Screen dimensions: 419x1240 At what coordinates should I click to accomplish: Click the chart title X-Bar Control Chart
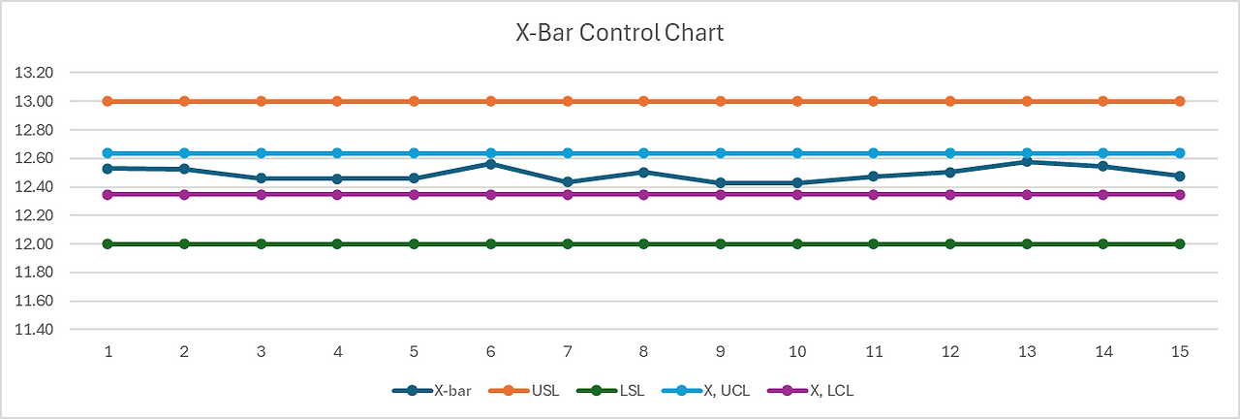tap(620, 33)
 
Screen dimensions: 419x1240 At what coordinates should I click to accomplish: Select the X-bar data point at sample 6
tap(491, 164)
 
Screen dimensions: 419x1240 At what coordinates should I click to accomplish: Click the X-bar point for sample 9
tap(721, 183)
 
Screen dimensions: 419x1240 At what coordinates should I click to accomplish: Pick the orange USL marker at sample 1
tap(108, 101)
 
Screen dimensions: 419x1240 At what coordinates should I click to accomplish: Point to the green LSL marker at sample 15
tap(1180, 243)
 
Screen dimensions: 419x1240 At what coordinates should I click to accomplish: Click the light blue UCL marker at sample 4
tap(338, 153)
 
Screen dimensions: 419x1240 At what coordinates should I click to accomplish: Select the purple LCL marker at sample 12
tap(950, 195)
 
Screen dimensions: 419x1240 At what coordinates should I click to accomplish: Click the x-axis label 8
tap(644, 351)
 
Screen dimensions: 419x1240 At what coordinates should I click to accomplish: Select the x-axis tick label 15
tap(1180, 351)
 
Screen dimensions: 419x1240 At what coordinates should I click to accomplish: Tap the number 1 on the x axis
tap(108, 351)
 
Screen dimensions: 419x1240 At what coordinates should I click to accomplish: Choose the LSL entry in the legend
tap(610, 391)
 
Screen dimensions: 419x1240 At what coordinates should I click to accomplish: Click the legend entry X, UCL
tap(705, 391)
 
